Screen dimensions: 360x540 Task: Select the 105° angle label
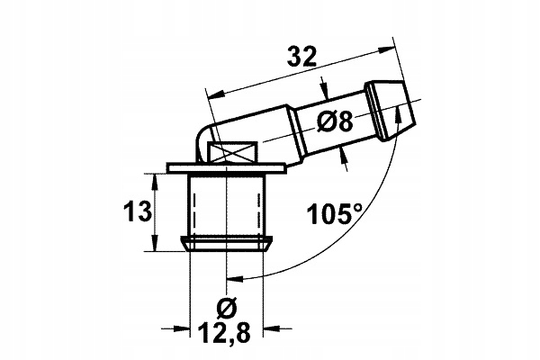(x=334, y=213)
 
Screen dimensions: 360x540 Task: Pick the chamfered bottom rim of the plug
(x=228, y=243)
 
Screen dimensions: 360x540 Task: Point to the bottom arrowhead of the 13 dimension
(x=158, y=244)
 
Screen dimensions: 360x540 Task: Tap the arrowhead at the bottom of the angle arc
(x=235, y=280)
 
